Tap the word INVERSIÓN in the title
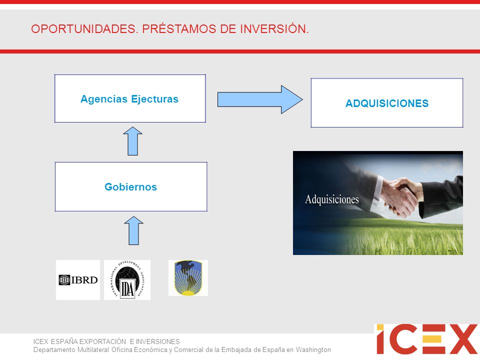pyautogui.click(x=274, y=29)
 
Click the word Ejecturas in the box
pyautogui.click(x=154, y=99)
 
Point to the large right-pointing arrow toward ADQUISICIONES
pyautogui.click(x=260, y=99)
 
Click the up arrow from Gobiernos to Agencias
pyautogui.click(x=132, y=141)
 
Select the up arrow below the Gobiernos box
pyautogui.click(x=134, y=230)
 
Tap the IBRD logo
pyautogui.click(x=78, y=280)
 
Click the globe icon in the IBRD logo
pyautogui.click(x=64, y=280)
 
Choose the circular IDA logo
pyautogui.click(x=127, y=280)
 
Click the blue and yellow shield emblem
pyautogui.click(x=188, y=278)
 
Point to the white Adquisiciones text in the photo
pyautogui.click(x=332, y=199)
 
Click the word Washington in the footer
pyautogui.click(x=313, y=349)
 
